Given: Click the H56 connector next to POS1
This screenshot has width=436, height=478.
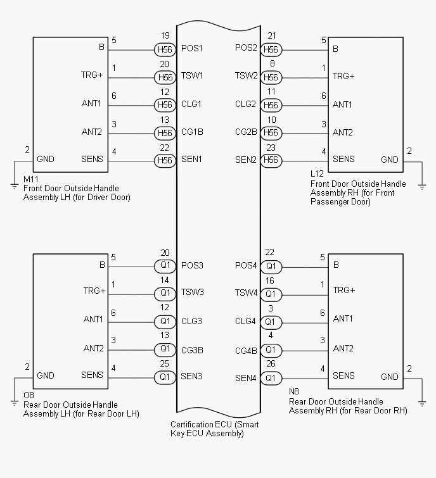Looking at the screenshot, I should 165,49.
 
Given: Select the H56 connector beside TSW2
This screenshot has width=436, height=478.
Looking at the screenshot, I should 271,77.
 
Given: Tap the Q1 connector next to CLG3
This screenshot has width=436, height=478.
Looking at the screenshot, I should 165,321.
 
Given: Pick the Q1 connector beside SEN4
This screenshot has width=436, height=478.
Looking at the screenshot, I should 271,378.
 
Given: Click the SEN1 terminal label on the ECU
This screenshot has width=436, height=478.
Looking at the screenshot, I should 192,160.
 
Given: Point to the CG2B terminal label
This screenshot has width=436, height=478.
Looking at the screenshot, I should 246,132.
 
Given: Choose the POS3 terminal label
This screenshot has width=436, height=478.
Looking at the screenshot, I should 192,266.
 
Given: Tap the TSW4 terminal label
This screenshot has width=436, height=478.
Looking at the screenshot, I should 246,293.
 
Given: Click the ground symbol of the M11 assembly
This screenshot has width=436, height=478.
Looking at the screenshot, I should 14,186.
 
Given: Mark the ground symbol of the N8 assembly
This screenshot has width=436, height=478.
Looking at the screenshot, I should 422,402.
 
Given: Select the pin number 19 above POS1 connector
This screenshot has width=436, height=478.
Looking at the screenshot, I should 165,36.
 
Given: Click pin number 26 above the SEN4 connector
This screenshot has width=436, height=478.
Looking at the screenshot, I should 270,365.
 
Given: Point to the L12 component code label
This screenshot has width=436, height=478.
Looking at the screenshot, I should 317,173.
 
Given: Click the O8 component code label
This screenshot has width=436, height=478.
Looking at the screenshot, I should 29,396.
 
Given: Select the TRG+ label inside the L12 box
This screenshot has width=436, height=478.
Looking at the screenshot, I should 343,76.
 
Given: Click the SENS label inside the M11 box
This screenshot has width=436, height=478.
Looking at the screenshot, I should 93,159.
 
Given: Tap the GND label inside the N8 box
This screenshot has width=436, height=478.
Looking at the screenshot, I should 390,377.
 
